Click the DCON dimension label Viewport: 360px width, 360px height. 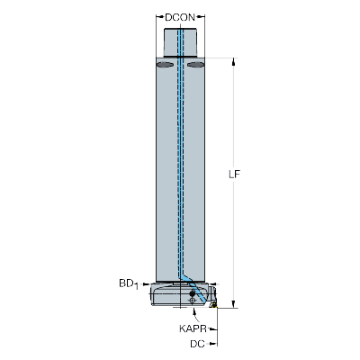click(x=180, y=17)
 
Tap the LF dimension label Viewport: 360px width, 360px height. click(x=235, y=175)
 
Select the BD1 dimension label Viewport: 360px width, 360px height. click(x=129, y=283)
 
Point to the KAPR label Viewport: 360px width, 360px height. click(x=193, y=328)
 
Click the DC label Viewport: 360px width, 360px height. click(x=197, y=344)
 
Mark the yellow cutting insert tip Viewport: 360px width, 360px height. click(x=213, y=305)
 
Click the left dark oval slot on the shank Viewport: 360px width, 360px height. click(x=165, y=65)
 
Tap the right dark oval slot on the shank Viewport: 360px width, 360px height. click(x=195, y=65)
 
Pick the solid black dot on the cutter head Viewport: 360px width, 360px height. click(x=193, y=293)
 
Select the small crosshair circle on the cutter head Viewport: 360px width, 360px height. click(x=193, y=300)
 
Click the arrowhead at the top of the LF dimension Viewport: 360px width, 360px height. click(x=234, y=61)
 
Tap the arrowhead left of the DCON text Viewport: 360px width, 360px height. click(x=159, y=17)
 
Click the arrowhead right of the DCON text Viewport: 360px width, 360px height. click(x=202, y=17)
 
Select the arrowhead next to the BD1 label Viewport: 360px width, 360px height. click(x=147, y=283)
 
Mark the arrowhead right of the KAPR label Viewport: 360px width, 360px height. click(x=213, y=329)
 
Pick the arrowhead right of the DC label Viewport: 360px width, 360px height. click(x=213, y=344)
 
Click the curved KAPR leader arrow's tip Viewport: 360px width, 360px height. click(x=193, y=310)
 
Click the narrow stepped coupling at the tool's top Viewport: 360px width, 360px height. click(x=180, y=42)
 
